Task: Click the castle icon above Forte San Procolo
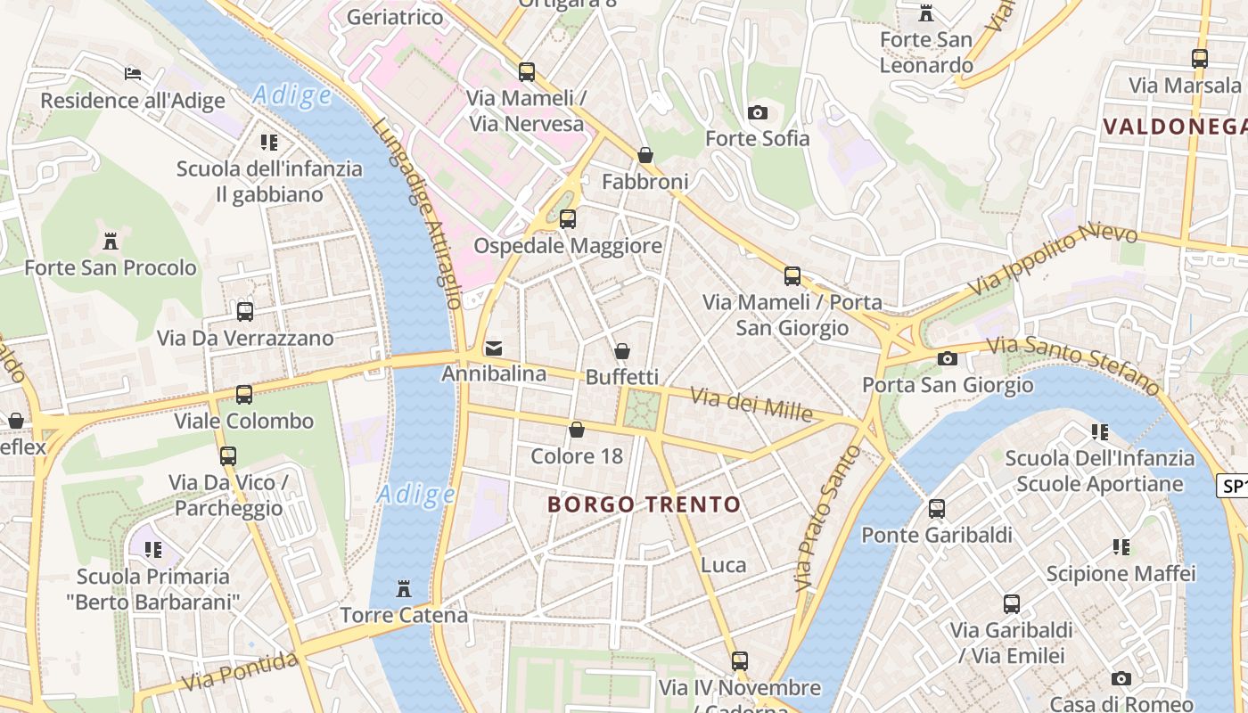111,241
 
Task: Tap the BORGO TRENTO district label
644,504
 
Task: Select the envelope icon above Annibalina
493,348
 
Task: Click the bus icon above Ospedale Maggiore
567,218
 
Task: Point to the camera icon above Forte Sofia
757,112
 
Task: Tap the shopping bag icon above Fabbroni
645,155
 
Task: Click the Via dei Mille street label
751,406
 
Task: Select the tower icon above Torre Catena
404,588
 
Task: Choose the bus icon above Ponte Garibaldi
936,509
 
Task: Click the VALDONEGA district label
1174,126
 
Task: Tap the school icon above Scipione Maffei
1121,546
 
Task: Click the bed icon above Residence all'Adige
133,73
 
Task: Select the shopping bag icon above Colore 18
577,430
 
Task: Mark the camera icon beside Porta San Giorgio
947,358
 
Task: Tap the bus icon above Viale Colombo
243,394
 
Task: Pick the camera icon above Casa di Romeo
1121,678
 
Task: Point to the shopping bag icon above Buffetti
621,351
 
